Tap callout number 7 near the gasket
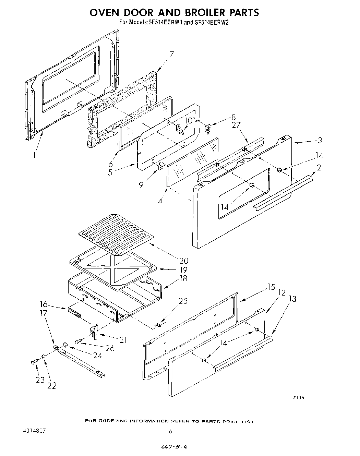pyautogui.click(x=171, y=54)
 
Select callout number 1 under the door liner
pyautogui.click(x=35, y=155)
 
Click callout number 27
pyautogui.click(x=236, y=125)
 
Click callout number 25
pyautogui.click(x=183, y=301)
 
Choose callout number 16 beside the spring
pyautogui.click(x=44, y=304)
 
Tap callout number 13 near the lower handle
pyautogui.click(x=292, y=299)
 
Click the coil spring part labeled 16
pyautogui.click(x=74, y=313)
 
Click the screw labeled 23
pyautogui.click(x=34, y=361)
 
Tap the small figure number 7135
pyautogui.click(x=298, y=398)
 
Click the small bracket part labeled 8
pyautogui.click(x=208, y=129)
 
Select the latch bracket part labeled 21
pyautogui.click(x=94, y=332)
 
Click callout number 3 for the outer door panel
pyautogui.click(x=319, y=140)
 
